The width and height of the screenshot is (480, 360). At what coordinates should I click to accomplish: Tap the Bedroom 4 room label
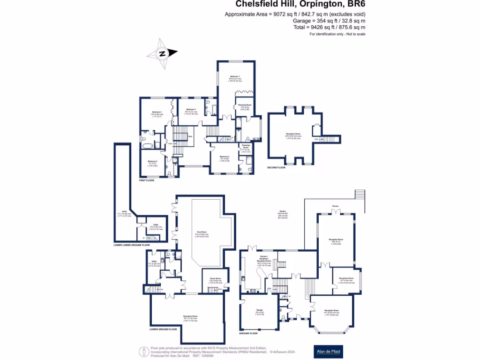225,156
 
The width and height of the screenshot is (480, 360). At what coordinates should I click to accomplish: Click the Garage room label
259,310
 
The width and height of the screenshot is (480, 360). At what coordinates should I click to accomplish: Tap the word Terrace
335,206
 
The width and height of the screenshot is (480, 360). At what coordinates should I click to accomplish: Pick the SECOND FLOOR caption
276,167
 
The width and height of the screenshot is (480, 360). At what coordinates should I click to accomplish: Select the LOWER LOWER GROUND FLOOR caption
132,245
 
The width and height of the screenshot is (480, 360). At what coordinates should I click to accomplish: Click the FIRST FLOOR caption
147,180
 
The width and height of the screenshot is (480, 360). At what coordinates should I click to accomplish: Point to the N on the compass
162,53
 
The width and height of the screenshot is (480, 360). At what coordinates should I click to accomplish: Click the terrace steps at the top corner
360,194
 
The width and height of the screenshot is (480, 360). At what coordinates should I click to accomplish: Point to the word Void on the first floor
190,136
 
